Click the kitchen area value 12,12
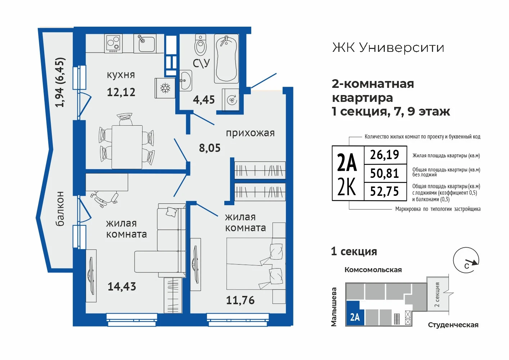pyautogui.click(x=121, y=92)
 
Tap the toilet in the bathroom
pyautogui.click(x=201, y=45)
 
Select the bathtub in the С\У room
pyautogui.click(x=226, y=59)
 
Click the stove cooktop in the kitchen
pyautogui.click(x=113, y=44)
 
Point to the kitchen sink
pyautogui.click(x=145, y=44)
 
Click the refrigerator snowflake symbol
pyautogui.click(x=165, y=88)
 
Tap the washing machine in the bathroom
pyautogui.click(x=230, y=100)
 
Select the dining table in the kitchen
pyautogui.click(x=127, y=147)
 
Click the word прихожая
pyautogui.click(x=250, y=133)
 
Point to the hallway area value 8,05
pyautogui.click(x=210, y=148)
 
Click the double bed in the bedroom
pyautogui.click(x=256, y=264)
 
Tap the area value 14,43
pyautogui.click(x=122, y=287)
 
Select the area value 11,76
pyautogui.click(x=240, y=300)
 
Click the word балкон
pyautogui.click(x=60, y=209)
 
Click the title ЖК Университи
pyautogui.click(x=388, y=48)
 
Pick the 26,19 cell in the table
pyautogui.click(x=385, y=155)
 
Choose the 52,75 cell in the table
pyautogui.click(x=385, y=192)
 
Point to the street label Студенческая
pyautogui.click(x=453, y=325)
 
